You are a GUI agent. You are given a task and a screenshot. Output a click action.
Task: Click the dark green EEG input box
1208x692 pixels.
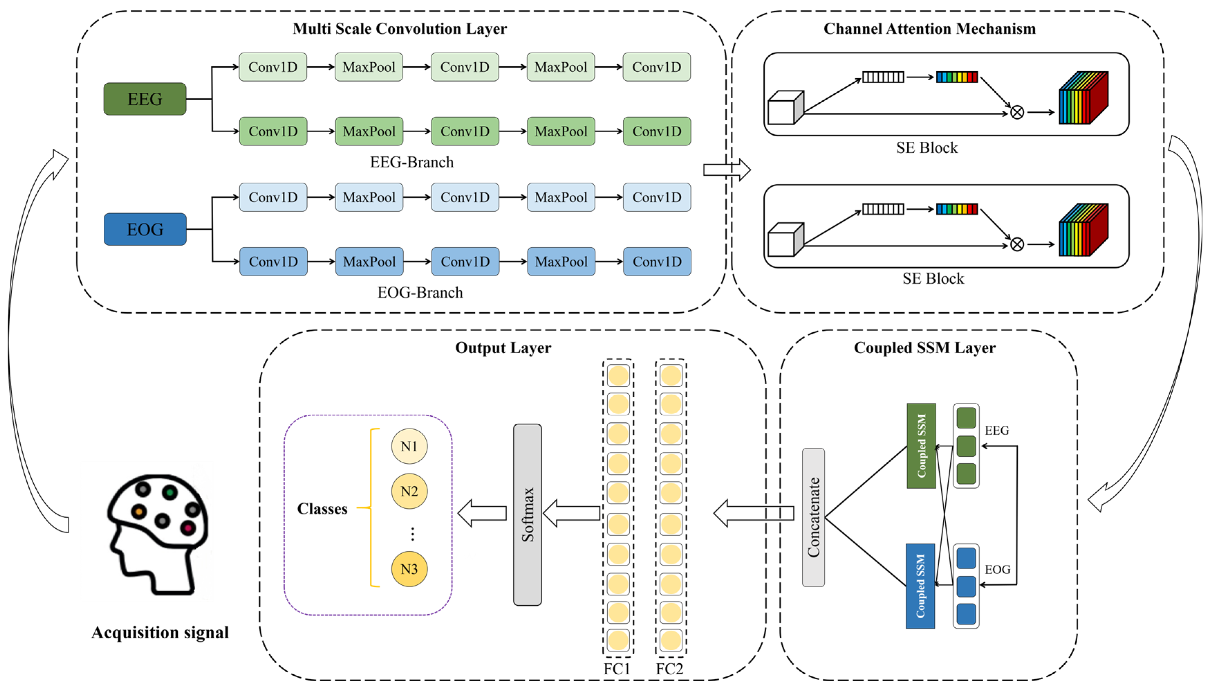[x=145, y=99]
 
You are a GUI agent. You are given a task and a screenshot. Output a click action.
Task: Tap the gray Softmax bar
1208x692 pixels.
[x=527, y=514]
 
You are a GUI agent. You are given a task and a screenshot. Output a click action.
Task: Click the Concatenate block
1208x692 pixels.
[x=813, y=517]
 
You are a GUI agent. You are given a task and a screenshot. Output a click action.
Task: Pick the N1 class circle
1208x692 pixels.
[x=409, y=446]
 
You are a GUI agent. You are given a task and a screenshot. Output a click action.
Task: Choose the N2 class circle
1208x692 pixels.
[x=409, y=491]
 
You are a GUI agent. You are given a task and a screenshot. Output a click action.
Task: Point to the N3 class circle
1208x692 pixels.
[x=409, y=569]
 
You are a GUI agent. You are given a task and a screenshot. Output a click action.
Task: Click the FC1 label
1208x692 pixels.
[x=617, y=669]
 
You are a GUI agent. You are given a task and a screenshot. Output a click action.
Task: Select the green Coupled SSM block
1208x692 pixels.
[x=921, y=446]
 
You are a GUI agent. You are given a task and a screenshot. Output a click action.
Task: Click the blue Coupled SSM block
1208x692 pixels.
[x=920, y=586]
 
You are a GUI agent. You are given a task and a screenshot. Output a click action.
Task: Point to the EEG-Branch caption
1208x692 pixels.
[x=412, y=162]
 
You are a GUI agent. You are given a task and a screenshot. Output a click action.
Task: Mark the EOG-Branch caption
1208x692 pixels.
[x=420, y=292]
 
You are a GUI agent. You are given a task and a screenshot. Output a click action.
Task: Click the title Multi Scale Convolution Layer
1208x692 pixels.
[x=400, y=28]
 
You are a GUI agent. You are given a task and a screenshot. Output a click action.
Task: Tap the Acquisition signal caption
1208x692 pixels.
[x=160, y=632]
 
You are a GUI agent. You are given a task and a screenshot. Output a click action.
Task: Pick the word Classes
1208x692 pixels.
[x=322, y=509]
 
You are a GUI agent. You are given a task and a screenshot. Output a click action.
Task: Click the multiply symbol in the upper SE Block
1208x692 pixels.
[x=1017, y=113]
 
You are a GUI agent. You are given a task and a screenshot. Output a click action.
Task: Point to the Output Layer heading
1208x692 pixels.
[x=503, y=348]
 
